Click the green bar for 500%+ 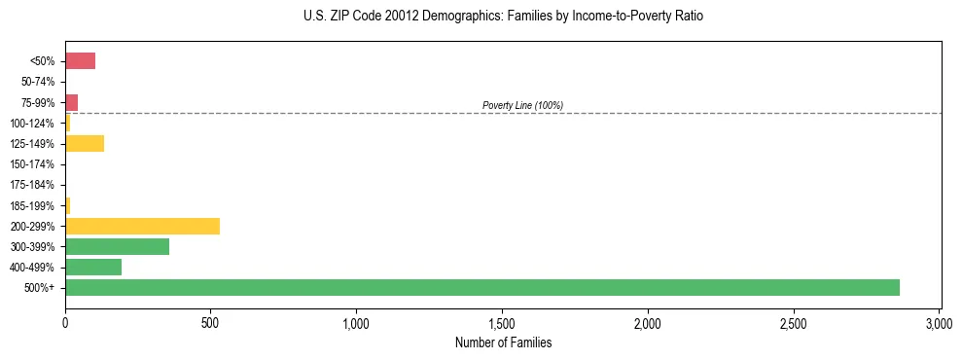pos(481,287)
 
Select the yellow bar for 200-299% pos(142,226)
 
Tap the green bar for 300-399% pos(117,246)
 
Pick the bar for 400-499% pos(93,267)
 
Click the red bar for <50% pos(80,61)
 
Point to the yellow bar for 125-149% pos(85,144)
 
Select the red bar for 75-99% pos(71,102)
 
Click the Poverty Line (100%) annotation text pos(522,105)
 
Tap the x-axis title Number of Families pos(503,342)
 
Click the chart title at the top pos(503,17)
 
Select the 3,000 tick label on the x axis pos(939,322)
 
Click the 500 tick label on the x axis pos(210,322)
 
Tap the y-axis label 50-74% pos(38,82)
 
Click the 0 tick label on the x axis pos(65,322)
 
